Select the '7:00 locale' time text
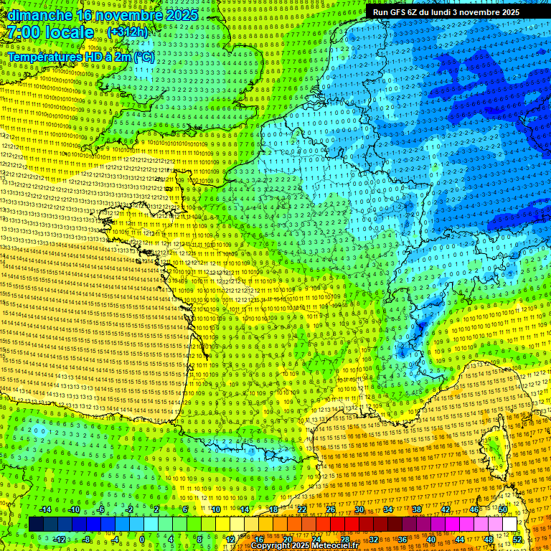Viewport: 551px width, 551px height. [50, 32]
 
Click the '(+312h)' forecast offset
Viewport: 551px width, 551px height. [127, 32]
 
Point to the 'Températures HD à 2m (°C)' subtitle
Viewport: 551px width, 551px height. [80, 56]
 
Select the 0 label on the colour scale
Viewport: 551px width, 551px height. [142, 540]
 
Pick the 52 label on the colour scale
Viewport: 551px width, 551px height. [517, 540]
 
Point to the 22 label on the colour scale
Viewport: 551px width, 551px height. [302, 509]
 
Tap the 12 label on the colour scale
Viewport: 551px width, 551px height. [230, 540]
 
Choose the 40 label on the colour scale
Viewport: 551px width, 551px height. [431, 540]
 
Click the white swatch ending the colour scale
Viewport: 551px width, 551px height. [509, 524]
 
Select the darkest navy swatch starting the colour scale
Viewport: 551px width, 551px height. [36, 524]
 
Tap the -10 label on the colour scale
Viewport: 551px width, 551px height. [73, 509]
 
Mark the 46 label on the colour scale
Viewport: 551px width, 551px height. [474, 509]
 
